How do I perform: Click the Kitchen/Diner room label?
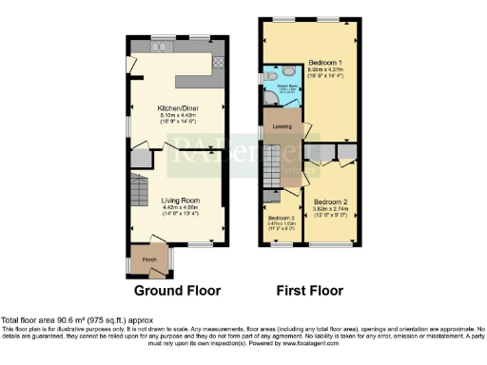(x=177, y=108)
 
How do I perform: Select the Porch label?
(x=149, y=259)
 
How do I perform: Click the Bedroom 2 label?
(x=330, y=202)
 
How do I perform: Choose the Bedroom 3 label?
(x=281, y=218)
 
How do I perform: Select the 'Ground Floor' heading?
(x=177, y=290)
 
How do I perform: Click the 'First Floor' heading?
(x=310, y=290)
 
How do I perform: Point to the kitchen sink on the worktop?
(x=162, y=47)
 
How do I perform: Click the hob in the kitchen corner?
(x=216, y=62)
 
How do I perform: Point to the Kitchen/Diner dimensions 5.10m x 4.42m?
(x=177, y=116)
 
